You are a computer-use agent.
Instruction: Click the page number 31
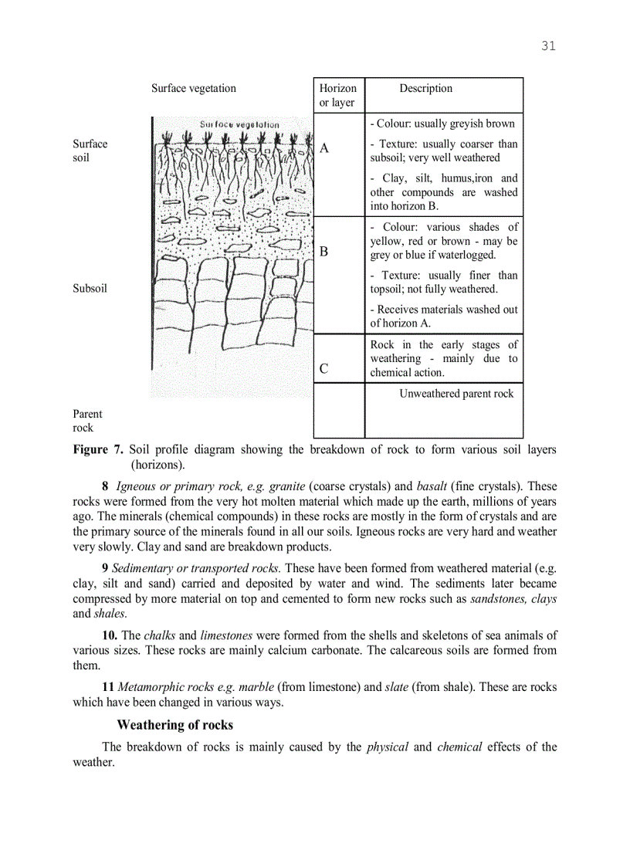click(548, 46)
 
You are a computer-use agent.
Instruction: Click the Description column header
click(425, 88)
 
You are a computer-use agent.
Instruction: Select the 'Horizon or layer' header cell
click(337, 95)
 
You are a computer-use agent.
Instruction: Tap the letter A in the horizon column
click(324, 149)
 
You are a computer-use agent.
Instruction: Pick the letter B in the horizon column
click(324, 252)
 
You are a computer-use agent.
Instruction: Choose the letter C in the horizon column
click(324, 369)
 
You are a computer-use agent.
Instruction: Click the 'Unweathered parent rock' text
click(456, 394)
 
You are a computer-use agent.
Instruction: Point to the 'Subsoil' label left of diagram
click(90, 289)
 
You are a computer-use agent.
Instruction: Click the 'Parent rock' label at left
click(87, 421)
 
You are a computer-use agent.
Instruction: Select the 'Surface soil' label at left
click(90, 151)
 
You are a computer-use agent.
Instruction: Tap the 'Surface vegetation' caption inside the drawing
click(239, 124)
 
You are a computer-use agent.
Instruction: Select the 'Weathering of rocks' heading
click(174, 725)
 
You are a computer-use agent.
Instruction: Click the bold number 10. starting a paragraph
click(111, 636)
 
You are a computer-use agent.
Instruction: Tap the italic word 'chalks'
click(159, 636)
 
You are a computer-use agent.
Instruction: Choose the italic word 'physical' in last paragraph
click(387, 747)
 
